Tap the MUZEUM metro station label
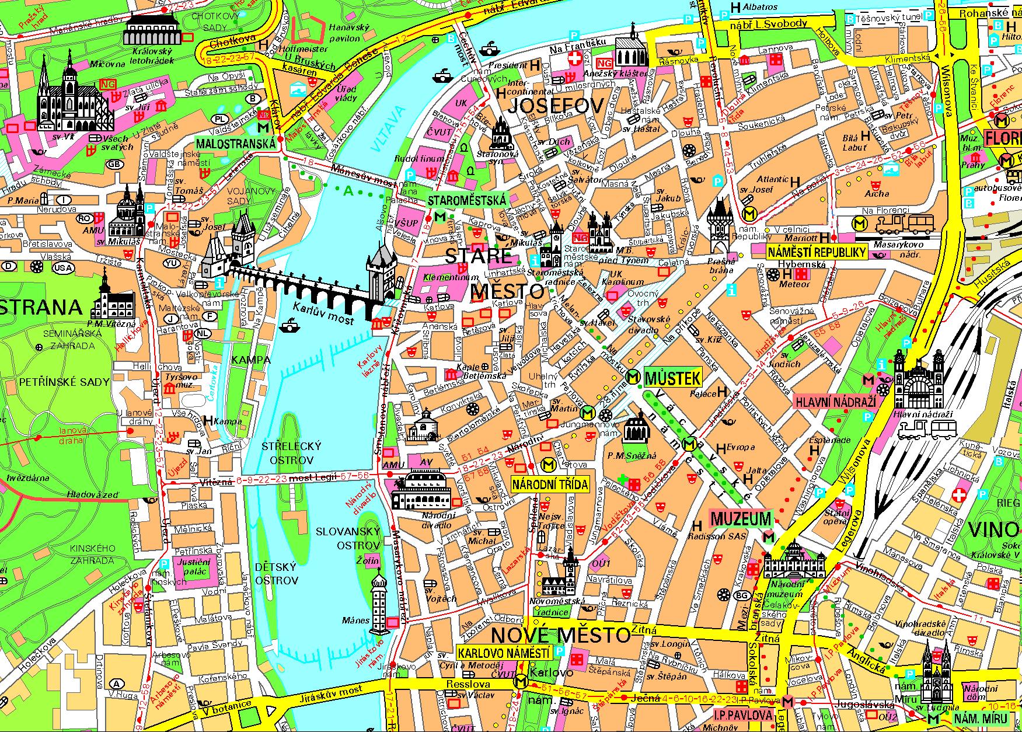pyautogui.click(x=741, y=518)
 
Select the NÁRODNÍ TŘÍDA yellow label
pyautogui.click(x=550, y=484)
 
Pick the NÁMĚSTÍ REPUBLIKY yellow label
pyautogui.click(x=817, y=252)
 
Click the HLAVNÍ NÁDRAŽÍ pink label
pyautogui.click(x=836, y=402)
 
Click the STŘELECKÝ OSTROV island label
pyautogui.click(x=291, y=453)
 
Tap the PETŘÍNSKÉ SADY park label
pyautogui.click(x=64, y=382)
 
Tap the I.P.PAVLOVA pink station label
pyautogui.click(x=743, y=715)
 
